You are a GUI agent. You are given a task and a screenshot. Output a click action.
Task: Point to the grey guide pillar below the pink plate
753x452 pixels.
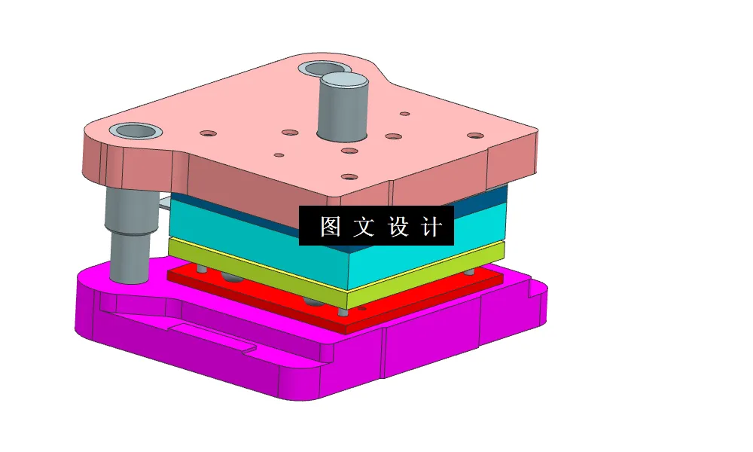(x=127, y=234)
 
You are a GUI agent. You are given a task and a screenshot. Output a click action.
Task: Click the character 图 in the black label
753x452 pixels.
(x=329, y=226)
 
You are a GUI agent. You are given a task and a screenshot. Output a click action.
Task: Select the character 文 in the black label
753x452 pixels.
(x=364, y=226)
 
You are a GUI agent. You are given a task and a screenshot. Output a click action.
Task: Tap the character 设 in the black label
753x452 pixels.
(x=399, y=226)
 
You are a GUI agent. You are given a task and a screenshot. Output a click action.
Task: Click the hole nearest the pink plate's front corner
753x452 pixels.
(x=349, y=178)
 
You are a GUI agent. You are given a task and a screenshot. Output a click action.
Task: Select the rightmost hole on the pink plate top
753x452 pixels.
(x=474, y=136)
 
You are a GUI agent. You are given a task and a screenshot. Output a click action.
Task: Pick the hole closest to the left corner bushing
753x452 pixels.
(x=208, y=134)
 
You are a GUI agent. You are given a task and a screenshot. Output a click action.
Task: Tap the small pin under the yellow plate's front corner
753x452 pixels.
(x=343, y=311)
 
